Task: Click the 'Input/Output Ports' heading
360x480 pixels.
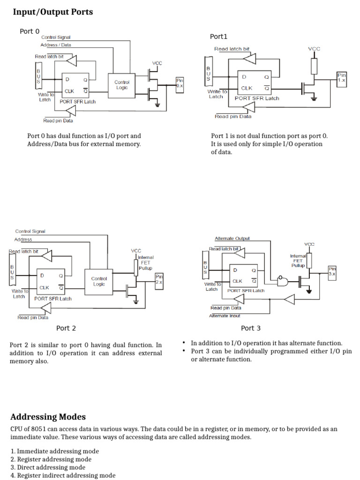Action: point(52,12)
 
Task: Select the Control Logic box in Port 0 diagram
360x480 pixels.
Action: point(121,85)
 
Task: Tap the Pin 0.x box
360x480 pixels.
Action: point(180,83)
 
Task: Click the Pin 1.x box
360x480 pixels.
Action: point(341,78)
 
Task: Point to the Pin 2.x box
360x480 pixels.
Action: point(159,280)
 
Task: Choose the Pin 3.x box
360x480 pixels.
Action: point(332,271)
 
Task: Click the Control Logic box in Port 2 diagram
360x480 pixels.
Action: point(99,281)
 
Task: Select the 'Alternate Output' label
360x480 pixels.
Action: point(232,239)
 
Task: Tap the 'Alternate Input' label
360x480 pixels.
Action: point(225,316)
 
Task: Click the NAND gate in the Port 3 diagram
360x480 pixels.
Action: point(284,281)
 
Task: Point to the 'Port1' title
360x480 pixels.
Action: point(218,37)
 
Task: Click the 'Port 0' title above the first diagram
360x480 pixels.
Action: point(30,31)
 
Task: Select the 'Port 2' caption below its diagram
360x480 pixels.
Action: point(66,328)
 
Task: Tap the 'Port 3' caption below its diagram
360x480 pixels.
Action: point(251,328)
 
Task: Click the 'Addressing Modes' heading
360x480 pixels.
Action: point(48,417)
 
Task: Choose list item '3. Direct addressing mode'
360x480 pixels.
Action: point(48,467)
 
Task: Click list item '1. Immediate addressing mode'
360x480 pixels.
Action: point(54,451)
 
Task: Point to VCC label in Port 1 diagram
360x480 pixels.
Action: point(314,49)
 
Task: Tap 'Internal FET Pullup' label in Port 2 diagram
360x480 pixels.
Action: point(145,262)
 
